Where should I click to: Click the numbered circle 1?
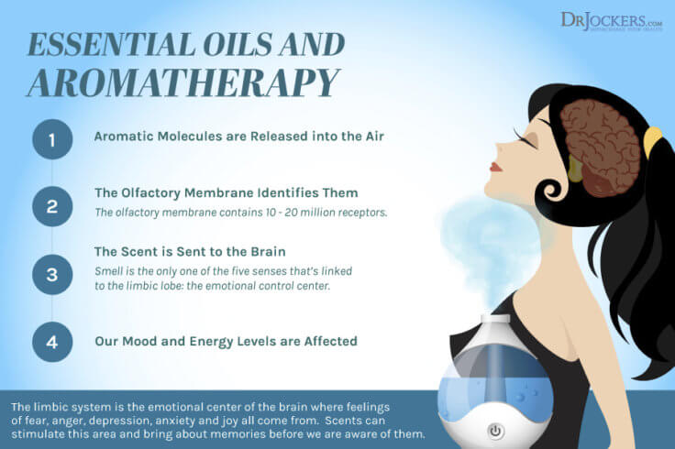click(x=51, y=139)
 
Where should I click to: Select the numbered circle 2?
click(x=51, y=205)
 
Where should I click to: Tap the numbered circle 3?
click(x=51, y=273)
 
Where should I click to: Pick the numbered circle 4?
click(x=51, y=341)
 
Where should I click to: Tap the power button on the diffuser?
click(x=496, y=430)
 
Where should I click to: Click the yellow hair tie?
click(x=652, y=140)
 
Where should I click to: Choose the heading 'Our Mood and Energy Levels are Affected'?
click(x=226, y=341)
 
